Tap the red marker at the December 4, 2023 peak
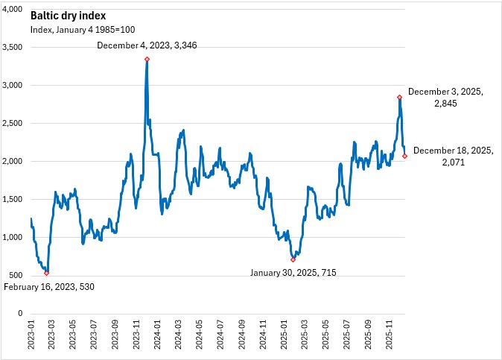click(x=147, y=59)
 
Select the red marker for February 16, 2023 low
click(x=46, y=274)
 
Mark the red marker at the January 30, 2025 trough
click(x=293, y=259)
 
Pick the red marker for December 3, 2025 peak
click(x=400, y=97)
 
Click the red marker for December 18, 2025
click(x=405, y=156)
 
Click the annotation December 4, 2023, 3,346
click(x=147, y=45)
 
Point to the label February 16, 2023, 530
click(x=50, y=287)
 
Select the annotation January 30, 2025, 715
click(x=292, y=273)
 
